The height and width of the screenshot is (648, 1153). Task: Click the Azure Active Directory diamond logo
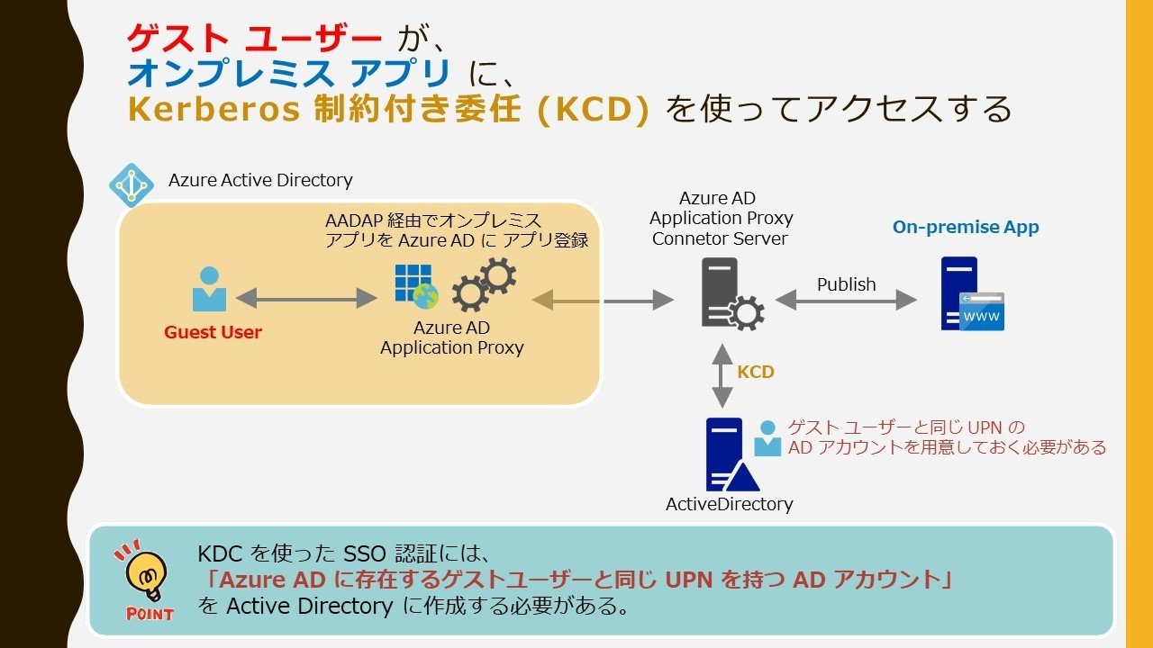coord(132,185)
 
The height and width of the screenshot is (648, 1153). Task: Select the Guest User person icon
coord(210,290)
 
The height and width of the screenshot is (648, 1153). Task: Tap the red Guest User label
coord(213,332)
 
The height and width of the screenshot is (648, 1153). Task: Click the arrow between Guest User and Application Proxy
coord(306,298)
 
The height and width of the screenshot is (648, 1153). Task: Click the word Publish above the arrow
coord(846,284)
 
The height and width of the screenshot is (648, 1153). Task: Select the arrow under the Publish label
coord(846,301)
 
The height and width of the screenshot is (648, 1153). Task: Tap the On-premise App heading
coord(966,227)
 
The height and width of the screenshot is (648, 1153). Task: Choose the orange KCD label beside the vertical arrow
coord(756,372)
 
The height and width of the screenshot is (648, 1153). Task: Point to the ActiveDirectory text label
coord(729,504)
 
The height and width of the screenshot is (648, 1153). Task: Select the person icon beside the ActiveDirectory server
coord(767,438)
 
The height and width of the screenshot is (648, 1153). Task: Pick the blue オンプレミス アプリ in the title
coord(289,74)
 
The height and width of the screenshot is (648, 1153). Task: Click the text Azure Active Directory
coord(260,180)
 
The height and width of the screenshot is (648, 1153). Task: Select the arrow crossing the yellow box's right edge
coord(603,301)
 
